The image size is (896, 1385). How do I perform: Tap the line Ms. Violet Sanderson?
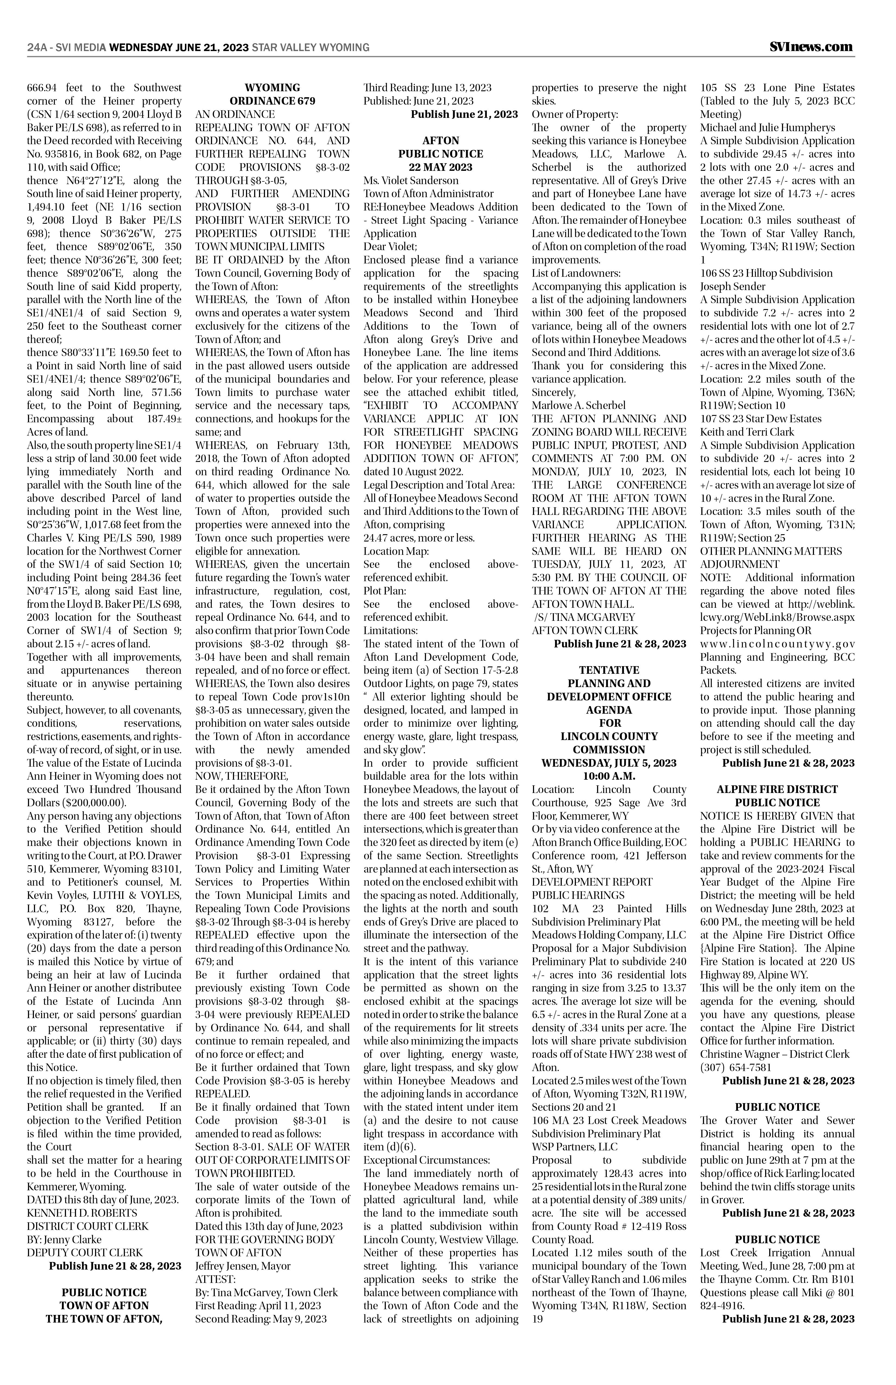411,180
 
